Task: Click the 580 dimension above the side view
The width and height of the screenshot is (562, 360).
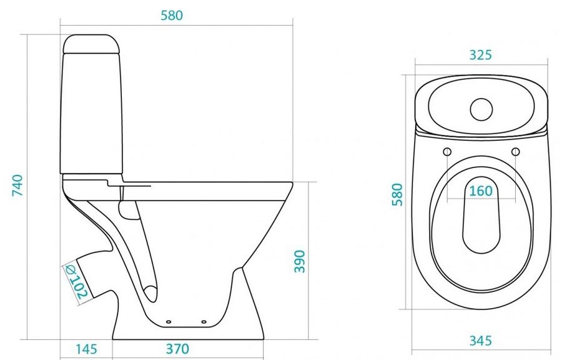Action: click(x=172, y=16)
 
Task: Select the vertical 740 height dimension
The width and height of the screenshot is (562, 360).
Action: click(x=17, y=185)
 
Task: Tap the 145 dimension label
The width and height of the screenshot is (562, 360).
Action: click(x=86, y=349)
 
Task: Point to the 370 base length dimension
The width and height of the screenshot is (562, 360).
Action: click(x=177, y=349)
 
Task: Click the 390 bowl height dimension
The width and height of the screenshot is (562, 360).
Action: click(x=299, y=261)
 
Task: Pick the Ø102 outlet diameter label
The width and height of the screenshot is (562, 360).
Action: click(x=76, y=282)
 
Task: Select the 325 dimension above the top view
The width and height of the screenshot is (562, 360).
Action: click(x=481, y=55)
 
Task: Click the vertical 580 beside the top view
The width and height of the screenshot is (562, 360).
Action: click(x=397, y=194)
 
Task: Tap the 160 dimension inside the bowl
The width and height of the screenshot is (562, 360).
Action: click(x=481, y=191)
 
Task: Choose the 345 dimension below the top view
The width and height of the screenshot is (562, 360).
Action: click(x=481, y=341)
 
